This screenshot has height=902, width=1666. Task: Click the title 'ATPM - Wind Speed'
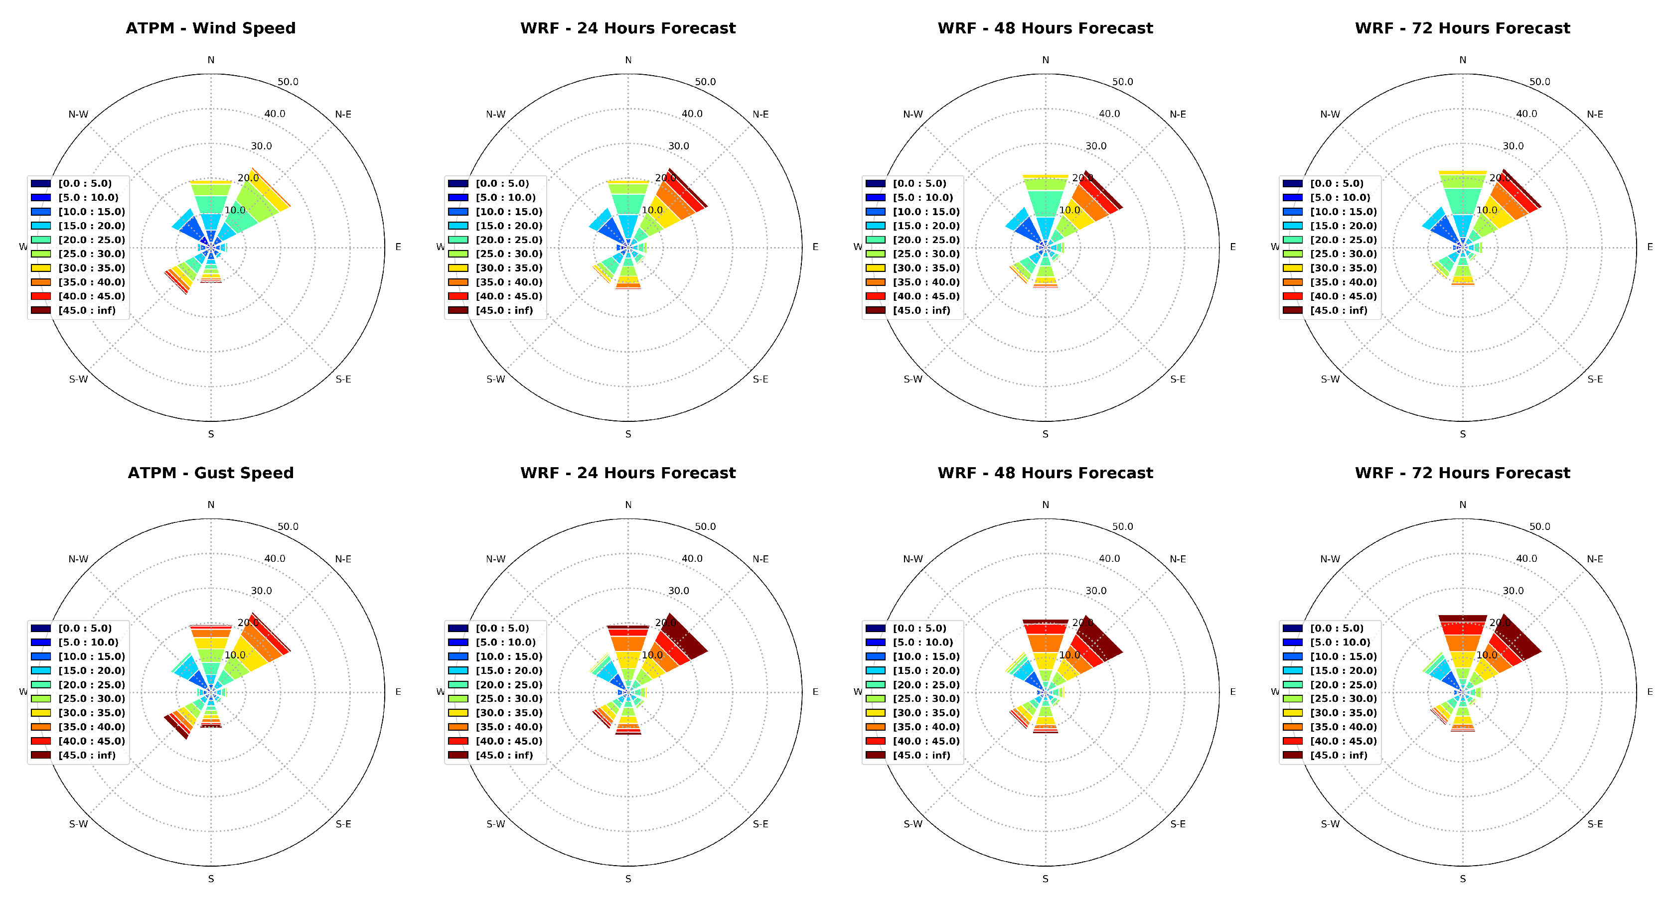coord(210,28)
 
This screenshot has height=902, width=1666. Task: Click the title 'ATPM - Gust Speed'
coord(210,473)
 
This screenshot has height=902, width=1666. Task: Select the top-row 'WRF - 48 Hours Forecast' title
coord(1045,28)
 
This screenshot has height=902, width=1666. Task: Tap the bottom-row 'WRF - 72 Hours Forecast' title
coord(1462,473)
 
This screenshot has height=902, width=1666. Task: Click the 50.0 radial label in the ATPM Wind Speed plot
coord(288,82)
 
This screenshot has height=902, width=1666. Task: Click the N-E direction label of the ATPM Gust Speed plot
coord(343,559)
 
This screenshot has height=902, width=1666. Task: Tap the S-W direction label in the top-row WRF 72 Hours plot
coord(1330,380)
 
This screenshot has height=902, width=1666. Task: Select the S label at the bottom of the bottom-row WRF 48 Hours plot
coord(1045,879)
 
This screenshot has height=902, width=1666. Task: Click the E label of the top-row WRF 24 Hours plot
coord(815,247)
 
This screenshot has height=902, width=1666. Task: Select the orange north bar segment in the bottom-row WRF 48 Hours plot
coord(1045,644)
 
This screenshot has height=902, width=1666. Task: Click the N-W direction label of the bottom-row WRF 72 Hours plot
coord(1330,559)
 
